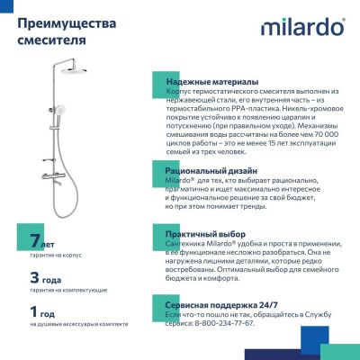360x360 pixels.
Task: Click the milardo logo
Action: (x=301, y=29)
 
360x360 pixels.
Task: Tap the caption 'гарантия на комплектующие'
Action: (x=56, y=290)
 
